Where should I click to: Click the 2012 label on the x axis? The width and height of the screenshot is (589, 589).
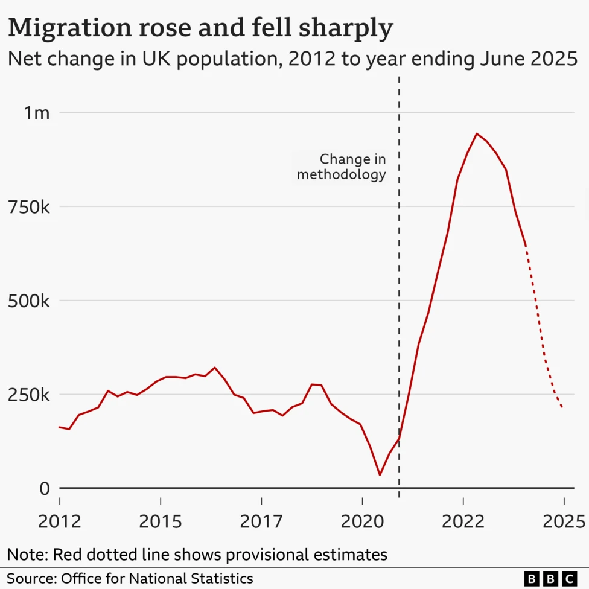pyautogui.click(x=59, y=521)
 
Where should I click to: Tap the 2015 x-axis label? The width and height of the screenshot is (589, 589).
pyautogui.click(x=160, y=521)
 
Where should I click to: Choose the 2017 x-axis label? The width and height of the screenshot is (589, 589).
pyautogui.click(x=261, y=521)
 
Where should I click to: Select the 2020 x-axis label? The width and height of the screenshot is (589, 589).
pyautogui.click(x=362, y=521)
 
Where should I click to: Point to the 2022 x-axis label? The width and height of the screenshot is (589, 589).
pyautogui.click(x=463, y=521)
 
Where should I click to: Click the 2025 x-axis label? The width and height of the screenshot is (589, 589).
pyautogui.click(x=564, y=521)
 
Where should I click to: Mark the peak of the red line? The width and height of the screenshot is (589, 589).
pyautogui.click(x=477, y=133)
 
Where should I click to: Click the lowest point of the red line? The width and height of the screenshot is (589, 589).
pyautogui.click(x=380, y=475)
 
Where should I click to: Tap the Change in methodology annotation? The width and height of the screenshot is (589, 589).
pyautogui.click(x=342, y=167)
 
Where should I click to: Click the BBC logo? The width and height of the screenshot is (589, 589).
pyautogui.click(x=550, y=578)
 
